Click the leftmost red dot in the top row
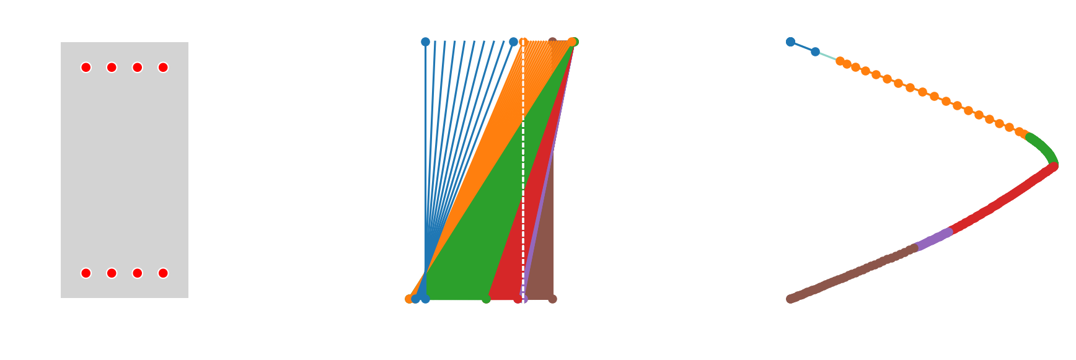(x=86, y=68)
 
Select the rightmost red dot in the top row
(x=163, y=68)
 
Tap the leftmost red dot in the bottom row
(x=86, y=273)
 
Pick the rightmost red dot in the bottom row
(x=163, y=273)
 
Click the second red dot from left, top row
(x=112, y=68)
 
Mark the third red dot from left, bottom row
(x=138, y=273)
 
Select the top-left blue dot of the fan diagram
(x=425, y=42)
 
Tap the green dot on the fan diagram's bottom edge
(x=486, y=299)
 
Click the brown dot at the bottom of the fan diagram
(x=552, y=299)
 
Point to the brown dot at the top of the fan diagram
(x=552, y=42)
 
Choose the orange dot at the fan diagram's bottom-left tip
(x=409, y=299)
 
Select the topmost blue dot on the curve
(x=790, y=42)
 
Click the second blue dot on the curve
(x=815, y=51)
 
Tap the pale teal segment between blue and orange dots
(x=827, y=56)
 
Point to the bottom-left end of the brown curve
(x=791, y=299)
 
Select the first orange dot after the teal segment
(x=840, y=61)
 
